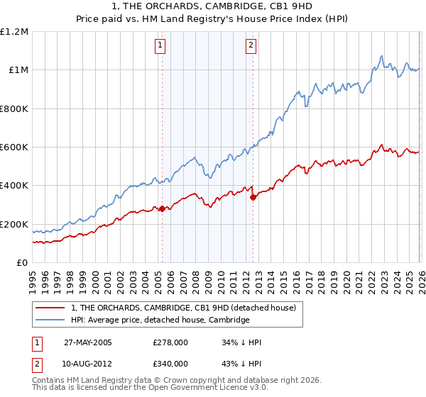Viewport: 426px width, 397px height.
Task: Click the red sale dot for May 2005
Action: click(x=162, y=209)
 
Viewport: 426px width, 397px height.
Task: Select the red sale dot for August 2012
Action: click(x=253, y=197)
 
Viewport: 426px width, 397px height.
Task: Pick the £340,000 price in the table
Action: click(x=170, y=363)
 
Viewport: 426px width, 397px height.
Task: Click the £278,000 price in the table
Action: click(x=170, y=342)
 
